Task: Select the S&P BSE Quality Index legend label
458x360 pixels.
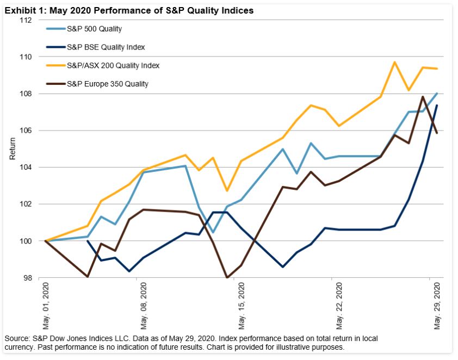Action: pyautogui.click(x=106, y=47)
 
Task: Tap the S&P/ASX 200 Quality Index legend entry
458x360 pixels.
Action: pyautogui.click(x=113, y=65)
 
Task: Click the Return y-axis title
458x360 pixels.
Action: pyautogui.click(x=13, y=148)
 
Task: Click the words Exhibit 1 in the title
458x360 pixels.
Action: pyautogui.click(x=22, y=10)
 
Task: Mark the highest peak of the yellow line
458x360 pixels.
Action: pyautogui.click(x=394, y=62)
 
